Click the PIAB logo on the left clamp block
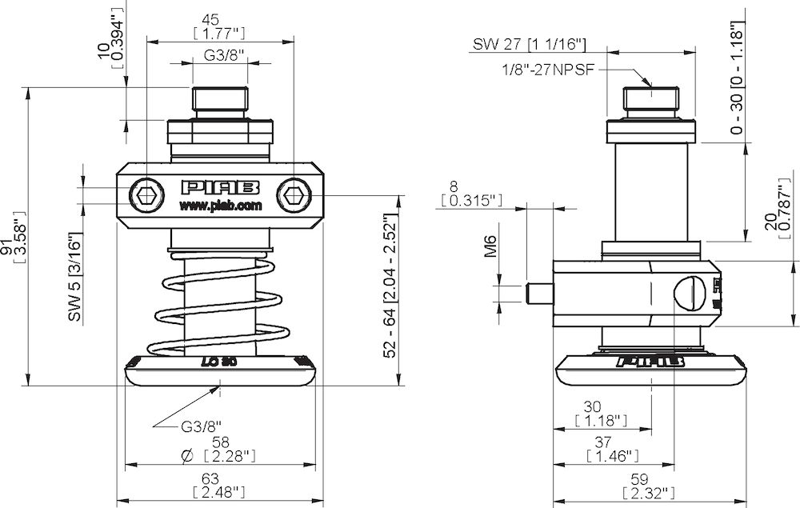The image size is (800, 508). [x=221, y=187]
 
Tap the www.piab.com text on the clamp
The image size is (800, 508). [x=220, y=206]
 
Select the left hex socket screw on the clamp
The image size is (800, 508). [x=146, y=194]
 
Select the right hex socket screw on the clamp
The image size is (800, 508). [x=294, y=194]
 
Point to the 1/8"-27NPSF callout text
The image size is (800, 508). [x=548, y=70]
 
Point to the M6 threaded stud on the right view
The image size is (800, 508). [x=539, y=293]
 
